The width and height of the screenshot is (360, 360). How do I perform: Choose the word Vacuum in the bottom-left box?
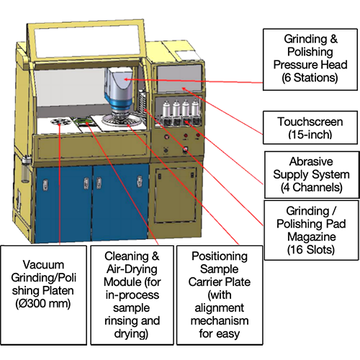tap(42, 263)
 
